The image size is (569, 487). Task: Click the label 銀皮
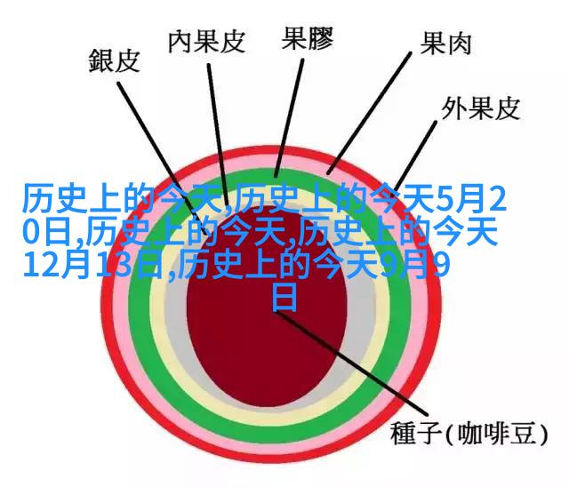pyautogui.click(x=115, y=60)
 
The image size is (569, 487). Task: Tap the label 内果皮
pyautogui.click(x=206, y=42)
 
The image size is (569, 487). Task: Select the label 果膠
pyautogui.click(x=308, y=38)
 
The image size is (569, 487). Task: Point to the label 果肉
pyautogui.click(x=445, y=44)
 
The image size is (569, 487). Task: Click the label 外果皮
pyautogui.click(x=480, y=108)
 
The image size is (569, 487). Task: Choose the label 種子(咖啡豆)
pyautogui.click(x=469, y=434)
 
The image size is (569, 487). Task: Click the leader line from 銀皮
pyautogui.click(x=163, y=158)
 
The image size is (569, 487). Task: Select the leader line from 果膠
pyautogui.click(x=289, y=118)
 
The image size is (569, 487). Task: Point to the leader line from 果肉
pyautogui.click(x=369, y=113)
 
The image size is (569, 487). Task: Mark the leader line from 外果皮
pyautogui.click(x=415, y=156)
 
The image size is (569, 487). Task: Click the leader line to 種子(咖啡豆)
pyautogui.click(x=351, y=363)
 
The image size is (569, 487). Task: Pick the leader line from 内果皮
pyautogui.click(x=218, y=135)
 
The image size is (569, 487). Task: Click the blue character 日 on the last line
pyautogui.click(x=284, y=298)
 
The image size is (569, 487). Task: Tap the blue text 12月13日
pyautogui.click(x=92, y=265)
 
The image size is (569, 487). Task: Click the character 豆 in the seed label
pyautogui.click(x=522, y=434)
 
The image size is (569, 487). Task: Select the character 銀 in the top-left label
pyautogui.click(x=101, y=60)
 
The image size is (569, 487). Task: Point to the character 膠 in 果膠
pyautogui.click(x=320, y=38)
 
